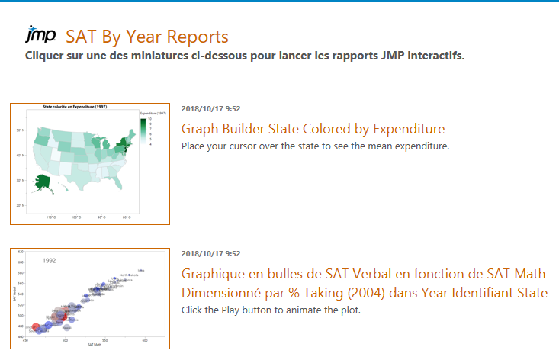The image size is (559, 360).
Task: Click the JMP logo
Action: (40, 35)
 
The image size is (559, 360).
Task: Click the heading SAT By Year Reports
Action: (147, 37)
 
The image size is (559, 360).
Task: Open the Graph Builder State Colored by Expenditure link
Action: (313, 129)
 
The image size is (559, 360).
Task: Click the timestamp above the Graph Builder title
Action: (210, 108)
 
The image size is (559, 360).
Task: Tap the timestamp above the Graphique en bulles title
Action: (210, 253)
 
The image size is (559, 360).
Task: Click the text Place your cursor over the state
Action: (267, 146)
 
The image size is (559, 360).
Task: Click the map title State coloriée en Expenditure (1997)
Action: (75, 107)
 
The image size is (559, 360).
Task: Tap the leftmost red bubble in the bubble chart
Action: (36, 326)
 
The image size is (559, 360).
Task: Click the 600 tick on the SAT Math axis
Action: (145, 340)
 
